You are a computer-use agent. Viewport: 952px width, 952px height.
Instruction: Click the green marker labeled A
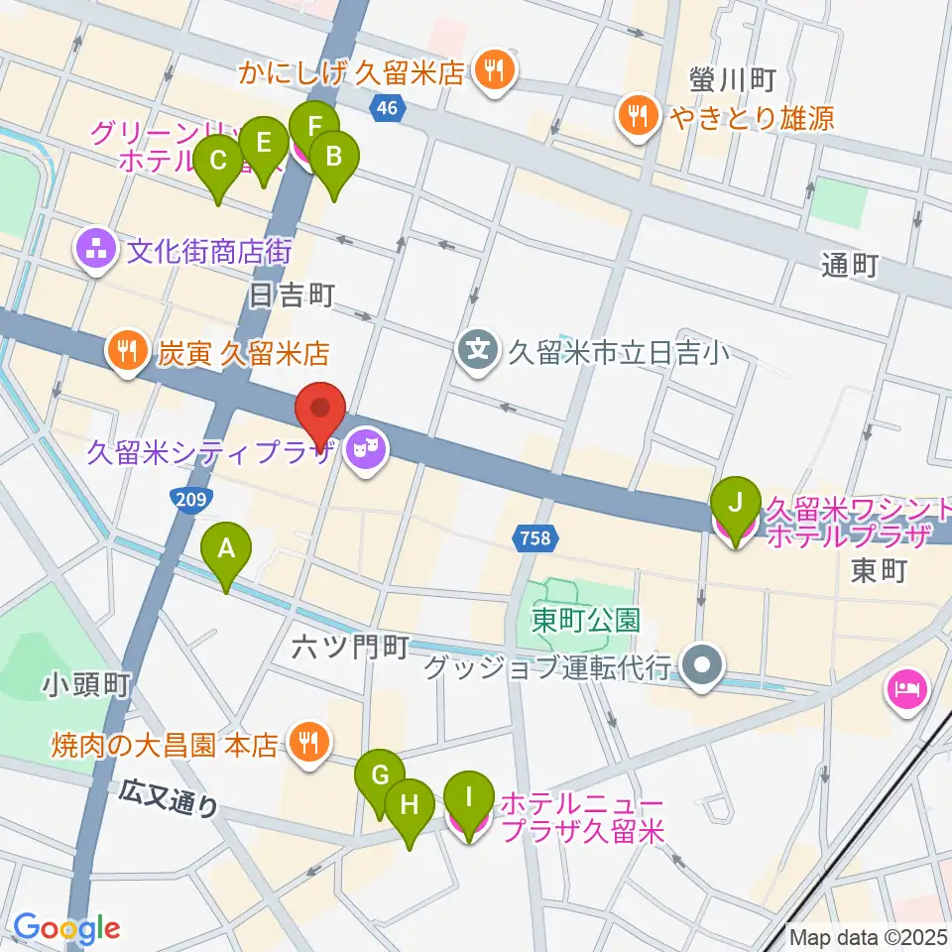click(x=227, y=548)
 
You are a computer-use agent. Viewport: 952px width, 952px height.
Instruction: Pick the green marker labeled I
click(x=470, y=796)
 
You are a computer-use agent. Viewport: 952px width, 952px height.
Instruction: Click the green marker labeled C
click(x=219, y=160)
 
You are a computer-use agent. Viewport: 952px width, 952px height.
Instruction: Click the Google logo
click(x=66, y=928)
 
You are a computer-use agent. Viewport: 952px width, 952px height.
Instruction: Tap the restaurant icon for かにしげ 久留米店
click(x=493, y=70)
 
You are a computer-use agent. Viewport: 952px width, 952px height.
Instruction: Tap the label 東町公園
click(x=585, y=621)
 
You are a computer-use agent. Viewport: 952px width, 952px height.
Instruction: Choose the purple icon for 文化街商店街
click(x=97, y=249)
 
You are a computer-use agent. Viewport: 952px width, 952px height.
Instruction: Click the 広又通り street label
click(x=169, y=798)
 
